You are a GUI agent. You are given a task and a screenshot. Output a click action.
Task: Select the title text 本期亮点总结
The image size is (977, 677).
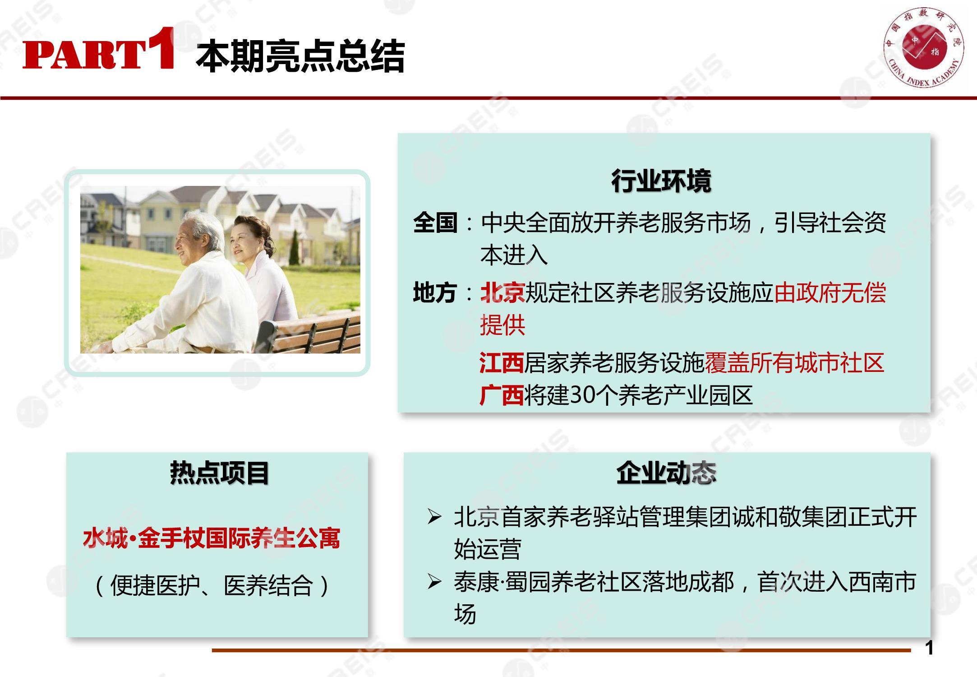300,56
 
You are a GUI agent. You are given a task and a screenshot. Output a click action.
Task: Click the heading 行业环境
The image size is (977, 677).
662,181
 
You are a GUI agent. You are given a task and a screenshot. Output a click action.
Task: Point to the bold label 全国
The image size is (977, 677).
435,223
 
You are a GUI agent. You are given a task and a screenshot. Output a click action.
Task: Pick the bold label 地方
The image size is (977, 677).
435,292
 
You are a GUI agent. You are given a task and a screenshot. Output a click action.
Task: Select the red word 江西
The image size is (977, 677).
501,363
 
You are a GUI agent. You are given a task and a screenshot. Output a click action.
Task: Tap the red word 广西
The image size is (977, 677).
501,395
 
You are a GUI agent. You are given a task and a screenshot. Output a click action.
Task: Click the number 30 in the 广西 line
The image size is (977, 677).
582,396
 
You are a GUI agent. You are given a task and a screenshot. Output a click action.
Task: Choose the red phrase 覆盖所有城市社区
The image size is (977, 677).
794,363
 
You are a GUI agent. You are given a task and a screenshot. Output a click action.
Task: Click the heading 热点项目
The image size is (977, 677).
220,473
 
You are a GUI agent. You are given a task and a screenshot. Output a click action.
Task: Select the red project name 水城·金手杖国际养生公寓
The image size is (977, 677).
212,538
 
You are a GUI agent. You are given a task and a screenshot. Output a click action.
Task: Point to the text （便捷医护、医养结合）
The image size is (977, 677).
212,585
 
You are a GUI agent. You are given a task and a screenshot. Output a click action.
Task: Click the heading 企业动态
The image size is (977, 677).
666,473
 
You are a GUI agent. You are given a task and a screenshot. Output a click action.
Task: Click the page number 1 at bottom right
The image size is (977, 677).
929,649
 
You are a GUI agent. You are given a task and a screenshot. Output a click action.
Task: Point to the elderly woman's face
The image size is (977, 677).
242,241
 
